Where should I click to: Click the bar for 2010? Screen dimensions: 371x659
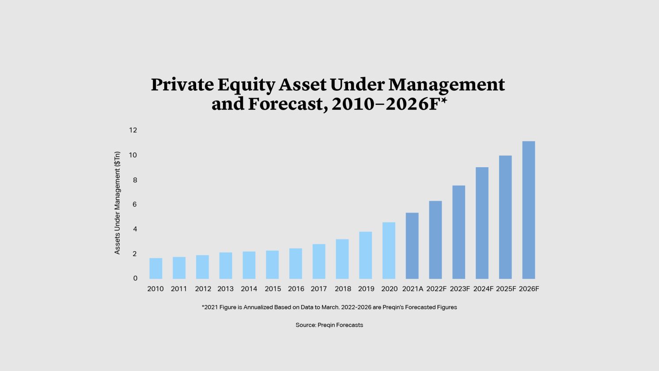(155, 268)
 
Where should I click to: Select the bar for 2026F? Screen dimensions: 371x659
(528, 210)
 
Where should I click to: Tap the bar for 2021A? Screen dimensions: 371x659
(412, 246)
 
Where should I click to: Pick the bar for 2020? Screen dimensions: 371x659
(389, 250)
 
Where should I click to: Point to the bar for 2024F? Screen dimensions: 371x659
(482, 223)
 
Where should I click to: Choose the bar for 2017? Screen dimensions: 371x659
(318, 261)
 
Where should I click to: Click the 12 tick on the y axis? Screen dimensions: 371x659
(133, 130)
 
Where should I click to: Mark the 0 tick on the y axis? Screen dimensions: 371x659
(135, 278)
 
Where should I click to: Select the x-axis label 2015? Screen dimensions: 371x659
(273, 289)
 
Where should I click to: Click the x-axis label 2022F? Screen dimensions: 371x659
(436, 289)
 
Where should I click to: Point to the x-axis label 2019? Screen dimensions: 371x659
(366, 289)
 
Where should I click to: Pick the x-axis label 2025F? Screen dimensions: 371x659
(506, 289)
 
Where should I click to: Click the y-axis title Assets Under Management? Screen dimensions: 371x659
(117, 203)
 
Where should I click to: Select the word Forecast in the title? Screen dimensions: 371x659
(287, 104)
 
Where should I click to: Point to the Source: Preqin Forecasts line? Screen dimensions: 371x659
(329, 325)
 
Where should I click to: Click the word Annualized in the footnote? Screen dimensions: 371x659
(258, 307)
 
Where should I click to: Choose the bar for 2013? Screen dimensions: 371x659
(226, 265)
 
